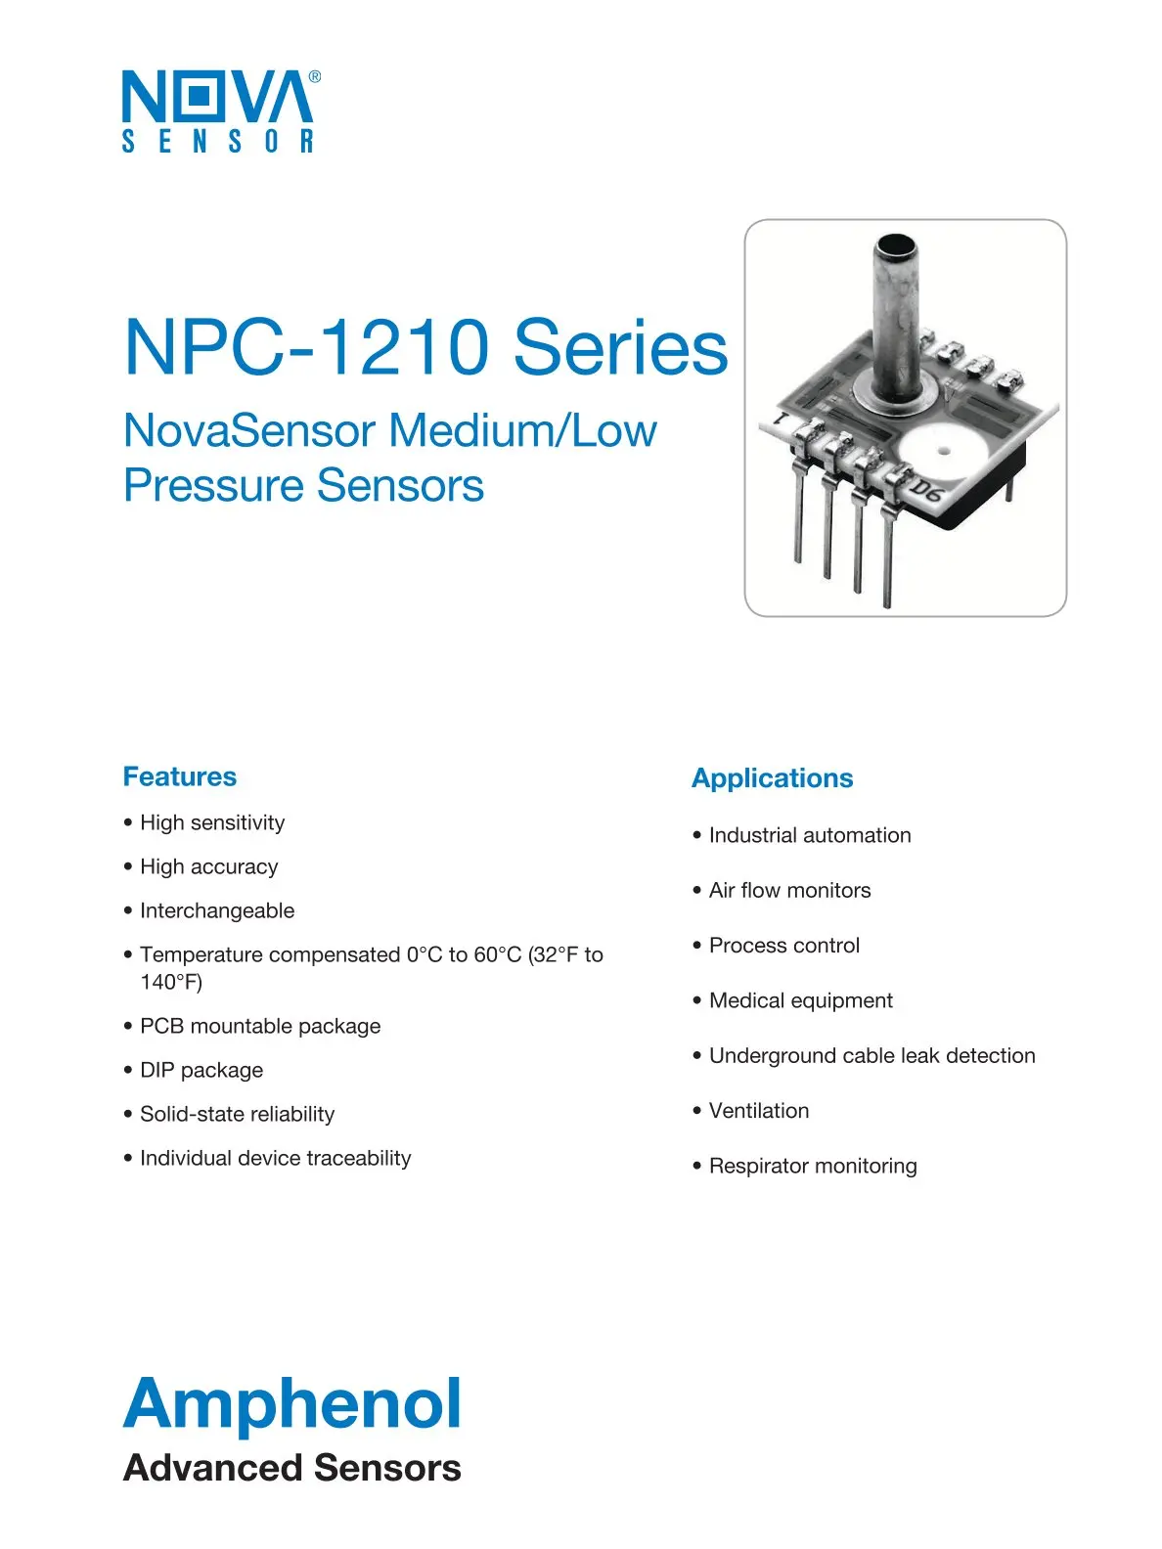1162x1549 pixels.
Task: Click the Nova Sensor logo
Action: tap(217, 111)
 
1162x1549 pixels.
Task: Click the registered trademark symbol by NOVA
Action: tap(314, 76)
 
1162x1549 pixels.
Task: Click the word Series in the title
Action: tap(620, 347)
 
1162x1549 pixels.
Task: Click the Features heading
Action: tap(180, 776)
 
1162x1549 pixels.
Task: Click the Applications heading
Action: tap(772, 778)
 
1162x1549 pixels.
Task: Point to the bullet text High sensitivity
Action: tap(212, 822)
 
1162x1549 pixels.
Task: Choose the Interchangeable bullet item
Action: tap(217, 910)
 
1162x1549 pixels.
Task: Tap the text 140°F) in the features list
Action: tap(171, 982)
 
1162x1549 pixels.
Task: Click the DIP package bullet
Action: tap(201, 1070)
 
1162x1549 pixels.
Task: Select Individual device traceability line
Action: tap(275, 1158)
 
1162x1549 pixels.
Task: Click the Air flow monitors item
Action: tap(789, 890)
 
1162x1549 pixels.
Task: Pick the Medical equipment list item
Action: tap(800, 1000)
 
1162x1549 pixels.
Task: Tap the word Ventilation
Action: tap(759, 1111)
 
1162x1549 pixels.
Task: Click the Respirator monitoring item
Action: tap(813, 1166)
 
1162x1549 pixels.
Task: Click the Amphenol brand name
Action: tap(292, 1403)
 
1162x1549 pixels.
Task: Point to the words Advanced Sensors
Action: tap(292, 1468)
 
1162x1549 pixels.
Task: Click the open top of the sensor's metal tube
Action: tap(895, 244)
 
